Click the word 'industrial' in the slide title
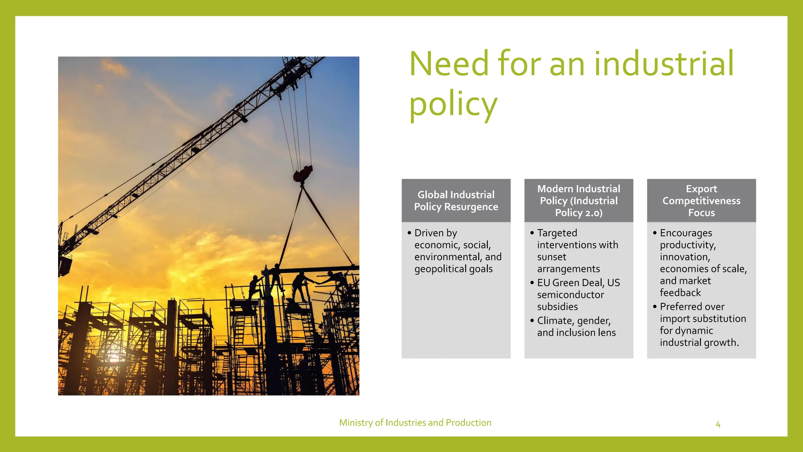pos(663,64)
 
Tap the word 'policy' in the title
pos(453,105)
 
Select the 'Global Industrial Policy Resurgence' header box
pos(456,200)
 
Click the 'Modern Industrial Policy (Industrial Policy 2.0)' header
pos(579,200)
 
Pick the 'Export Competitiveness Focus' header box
pos(701,200)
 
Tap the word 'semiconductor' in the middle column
pos(570,295)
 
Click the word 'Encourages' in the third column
pos(686,233)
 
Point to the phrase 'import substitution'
pos(703,319)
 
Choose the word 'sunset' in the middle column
pos(552,257)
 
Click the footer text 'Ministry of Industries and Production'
pos(415,423)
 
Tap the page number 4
pos(718,425)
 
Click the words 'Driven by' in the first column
pos(436,233)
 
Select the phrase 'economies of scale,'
pos(703,269)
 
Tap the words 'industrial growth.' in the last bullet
pos(699,343)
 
